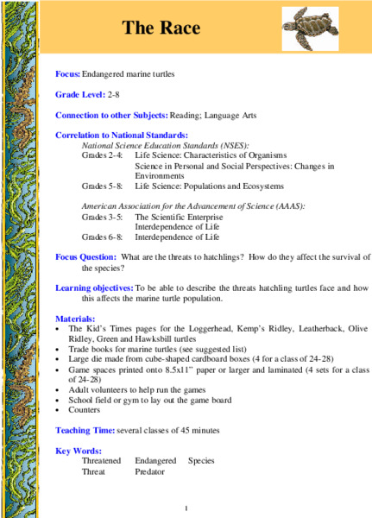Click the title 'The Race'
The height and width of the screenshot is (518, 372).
point(161,28)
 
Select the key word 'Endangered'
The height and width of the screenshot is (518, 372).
point(155,461)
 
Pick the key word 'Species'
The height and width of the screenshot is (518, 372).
point(202,461)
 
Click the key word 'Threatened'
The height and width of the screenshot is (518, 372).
point(101,461)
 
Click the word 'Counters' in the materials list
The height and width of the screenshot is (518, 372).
point(83,411)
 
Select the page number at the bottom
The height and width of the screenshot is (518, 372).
point(186,507)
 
